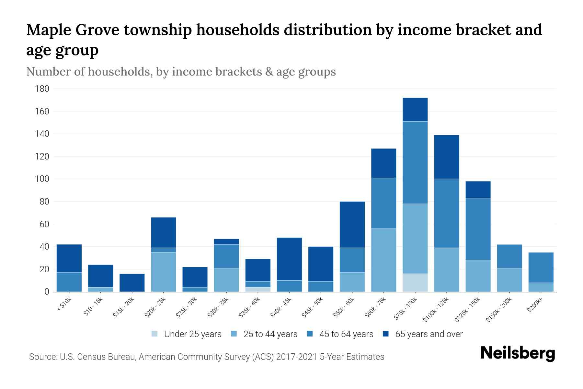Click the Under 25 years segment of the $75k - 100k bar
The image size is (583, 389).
[x=415, y=283]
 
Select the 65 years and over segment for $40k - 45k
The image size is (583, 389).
[x=289, y=259]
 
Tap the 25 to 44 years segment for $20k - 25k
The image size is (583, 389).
[x=164, y=272]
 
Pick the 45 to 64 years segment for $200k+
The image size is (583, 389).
[x=541, y=267]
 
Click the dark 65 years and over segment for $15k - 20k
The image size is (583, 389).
[x=132, y=283]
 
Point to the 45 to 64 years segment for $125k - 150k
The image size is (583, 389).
[x=478, y=229]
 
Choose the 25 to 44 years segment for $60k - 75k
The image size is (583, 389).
[x=383, y=260]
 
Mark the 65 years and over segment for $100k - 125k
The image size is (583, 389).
[x=446, y=157]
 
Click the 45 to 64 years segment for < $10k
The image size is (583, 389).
[x=69, y=282]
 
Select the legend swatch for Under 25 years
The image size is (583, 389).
[x=155, y=334]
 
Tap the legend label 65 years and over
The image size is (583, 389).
[x=429, y=334]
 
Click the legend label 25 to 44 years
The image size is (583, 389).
[x=270, y=334]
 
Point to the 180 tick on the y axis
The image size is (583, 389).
[x=42, y=89]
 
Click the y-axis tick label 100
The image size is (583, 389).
[x=42, y=179]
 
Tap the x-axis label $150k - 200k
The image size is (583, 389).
[x=499, y=310]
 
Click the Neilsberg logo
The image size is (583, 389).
[x=518, y=353]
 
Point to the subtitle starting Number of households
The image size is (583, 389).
[x=181, y=72]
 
